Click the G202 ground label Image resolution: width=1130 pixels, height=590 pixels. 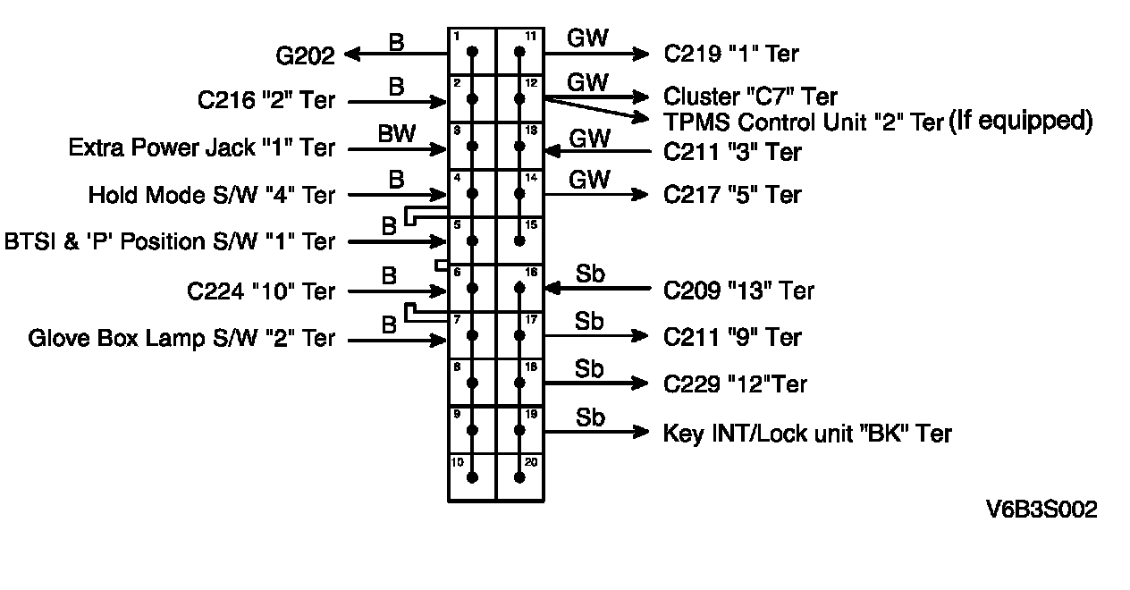tap(306, 56)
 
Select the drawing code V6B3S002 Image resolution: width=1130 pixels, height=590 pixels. tap(1041, 510)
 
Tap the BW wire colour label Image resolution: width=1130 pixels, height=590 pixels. tap(397, 134)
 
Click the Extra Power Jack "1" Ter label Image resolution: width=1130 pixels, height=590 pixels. tap(202, 147)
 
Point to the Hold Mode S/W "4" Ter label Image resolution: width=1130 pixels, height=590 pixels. tap(212, 195)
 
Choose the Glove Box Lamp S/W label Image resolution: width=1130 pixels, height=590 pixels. tap(181, 339)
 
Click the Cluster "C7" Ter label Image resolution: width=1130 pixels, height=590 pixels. tap(750, 96)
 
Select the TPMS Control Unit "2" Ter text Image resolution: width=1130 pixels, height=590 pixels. tap(804, 122)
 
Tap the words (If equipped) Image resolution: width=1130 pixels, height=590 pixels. tap(1020, 120)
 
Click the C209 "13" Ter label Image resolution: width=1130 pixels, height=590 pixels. tap(738, 291)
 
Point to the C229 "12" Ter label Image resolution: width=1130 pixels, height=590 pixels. tap(735, 384)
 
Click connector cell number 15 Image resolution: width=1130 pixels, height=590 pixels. tap(520, 240)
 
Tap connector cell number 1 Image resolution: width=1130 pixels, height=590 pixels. tap(472, 52)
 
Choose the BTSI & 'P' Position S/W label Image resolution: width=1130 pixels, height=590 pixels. tap(170, 242)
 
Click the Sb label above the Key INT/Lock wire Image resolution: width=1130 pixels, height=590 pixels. tap(590, 417)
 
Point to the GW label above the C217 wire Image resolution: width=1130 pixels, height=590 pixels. tap(589, 180)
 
